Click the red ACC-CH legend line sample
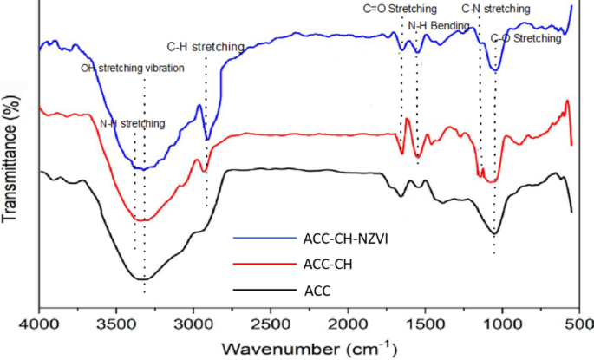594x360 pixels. coord(263,264)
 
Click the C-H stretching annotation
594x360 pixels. coord(205,46)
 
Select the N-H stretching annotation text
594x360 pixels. coord(132,123)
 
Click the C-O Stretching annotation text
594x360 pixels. coord(526,39)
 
